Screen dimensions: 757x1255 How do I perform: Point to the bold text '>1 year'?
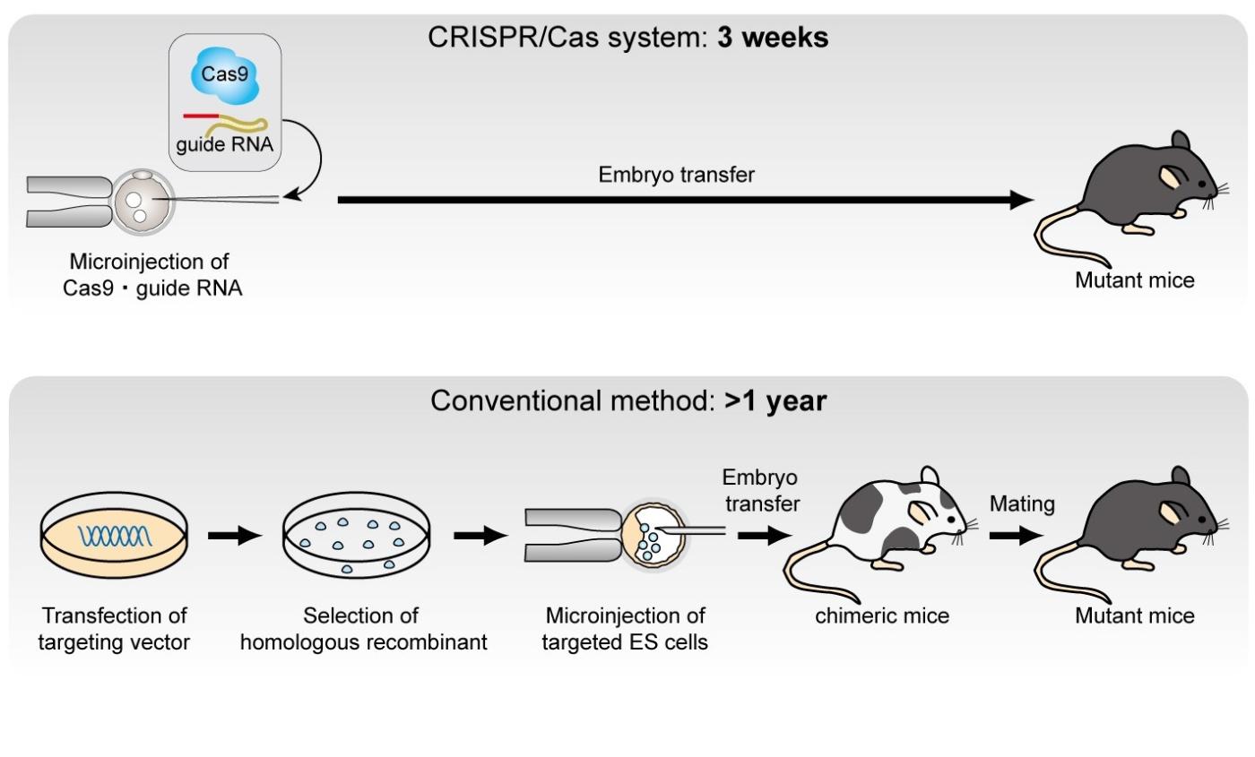click(775, 400)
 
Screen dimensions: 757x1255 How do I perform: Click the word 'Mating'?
click(1022, 504)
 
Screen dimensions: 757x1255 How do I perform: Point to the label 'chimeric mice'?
click(882, 615)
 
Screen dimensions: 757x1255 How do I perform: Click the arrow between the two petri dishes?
click(235, 536)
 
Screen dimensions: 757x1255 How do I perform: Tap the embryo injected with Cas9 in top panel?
click(143, 200)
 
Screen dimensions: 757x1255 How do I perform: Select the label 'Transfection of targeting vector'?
click(114, 629)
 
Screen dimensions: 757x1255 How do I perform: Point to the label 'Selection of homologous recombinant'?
click(360, 629)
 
